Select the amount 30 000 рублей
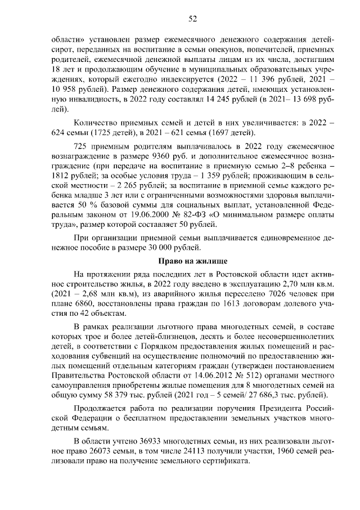[184, 248]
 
